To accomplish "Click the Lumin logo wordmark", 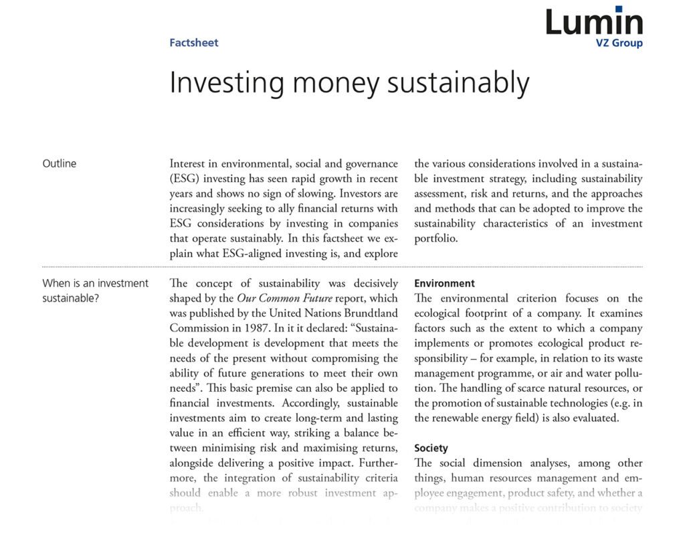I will click(594, 21).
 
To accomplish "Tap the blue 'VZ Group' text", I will click(619, 44).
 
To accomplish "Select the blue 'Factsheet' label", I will click(194, 43).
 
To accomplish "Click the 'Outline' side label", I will click(60, 163).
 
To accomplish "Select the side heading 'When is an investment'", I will click(96, 283).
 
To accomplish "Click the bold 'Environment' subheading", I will click(444, 283).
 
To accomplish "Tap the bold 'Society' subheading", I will click(431, 448).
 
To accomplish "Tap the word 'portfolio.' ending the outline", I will click(436, 238).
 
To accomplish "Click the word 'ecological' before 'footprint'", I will click(438, 313).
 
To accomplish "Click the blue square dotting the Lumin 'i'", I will click(619, 9).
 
